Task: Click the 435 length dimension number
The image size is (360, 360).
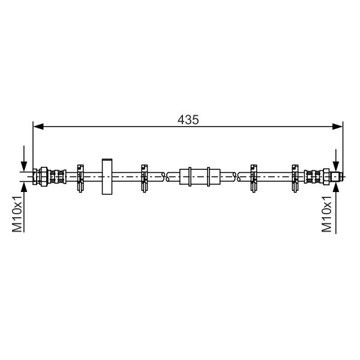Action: tap(188, 120)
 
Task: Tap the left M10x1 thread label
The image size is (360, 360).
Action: tap(17, 214)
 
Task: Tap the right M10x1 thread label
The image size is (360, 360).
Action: tap(327, 214)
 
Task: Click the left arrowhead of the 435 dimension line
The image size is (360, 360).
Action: tap(38, 126)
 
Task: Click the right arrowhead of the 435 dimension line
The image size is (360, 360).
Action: tap(337, 126)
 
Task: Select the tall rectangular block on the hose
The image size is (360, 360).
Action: tap(107, 176)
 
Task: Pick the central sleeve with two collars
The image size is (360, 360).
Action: tap(200, 176)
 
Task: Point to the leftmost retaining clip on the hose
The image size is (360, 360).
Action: tap(80, 178)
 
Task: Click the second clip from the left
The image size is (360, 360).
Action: tap(144, 178)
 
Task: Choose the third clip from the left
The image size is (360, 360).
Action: tap(253, 178)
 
